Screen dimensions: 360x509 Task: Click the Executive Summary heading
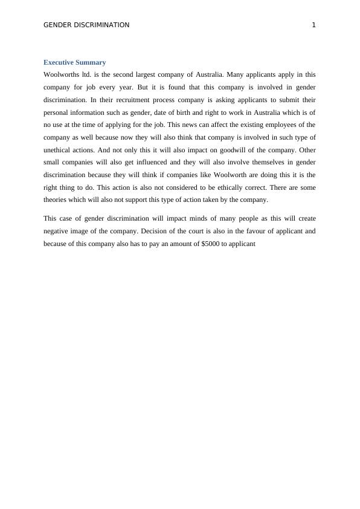pos(75,62)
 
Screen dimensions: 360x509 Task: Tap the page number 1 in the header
pos(313,25)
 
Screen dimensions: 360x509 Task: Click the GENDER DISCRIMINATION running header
pos(86,25)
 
